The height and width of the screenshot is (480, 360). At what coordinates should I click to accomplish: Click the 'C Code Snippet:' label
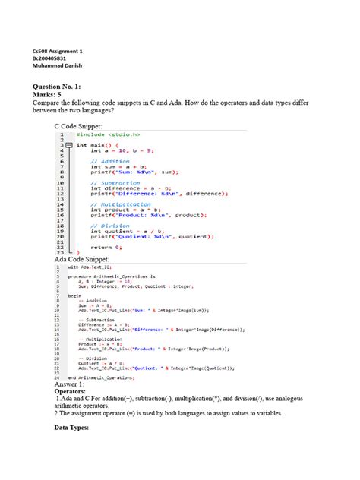pyautogui.click(x=83, y=125)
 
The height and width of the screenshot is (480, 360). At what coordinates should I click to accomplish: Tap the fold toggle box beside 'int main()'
pyautogui.click(x=68, y=144)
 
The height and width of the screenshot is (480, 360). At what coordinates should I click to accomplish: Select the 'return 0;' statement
pyautogui.click(x=106, y=247)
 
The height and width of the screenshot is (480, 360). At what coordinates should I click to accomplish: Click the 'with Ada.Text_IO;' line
pyautogui.click(x=90, y=267)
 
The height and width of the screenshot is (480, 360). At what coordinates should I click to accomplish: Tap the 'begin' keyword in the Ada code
pyautogui.click(x=74, y=295)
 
